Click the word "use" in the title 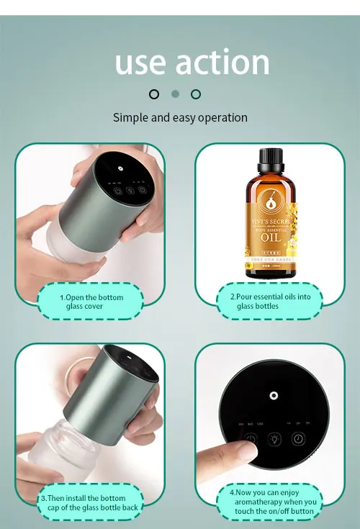pos(140,63)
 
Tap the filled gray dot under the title pos(175,94)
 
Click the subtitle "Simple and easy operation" pos(180,117)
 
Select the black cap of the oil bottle pos(271,157)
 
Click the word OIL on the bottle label pos(271,237)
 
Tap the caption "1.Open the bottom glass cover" pos(91,302)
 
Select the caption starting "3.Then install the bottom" pos(91,502)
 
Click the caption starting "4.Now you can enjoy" pos(274,502)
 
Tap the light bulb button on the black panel pos(273,440)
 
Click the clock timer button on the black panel pos(297,439)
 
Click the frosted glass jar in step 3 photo pos(68,453)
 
